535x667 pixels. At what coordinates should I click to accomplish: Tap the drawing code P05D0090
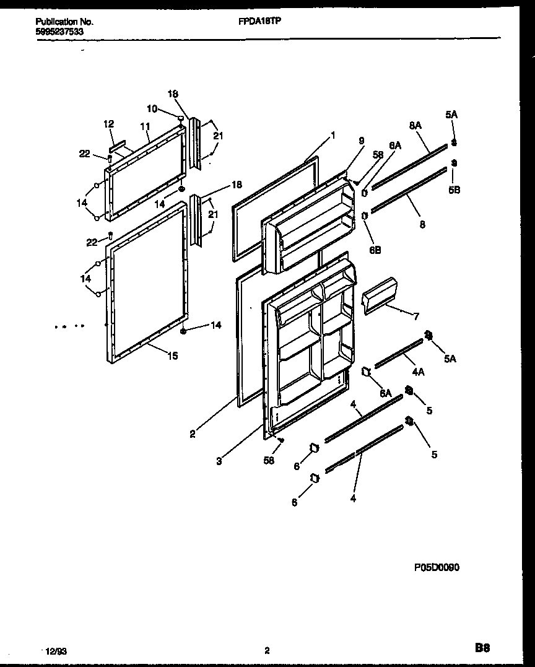(x=437, y=567)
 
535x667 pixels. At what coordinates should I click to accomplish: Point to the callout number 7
(x=416, y=316)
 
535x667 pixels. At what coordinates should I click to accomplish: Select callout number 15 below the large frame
(x=173, y=355)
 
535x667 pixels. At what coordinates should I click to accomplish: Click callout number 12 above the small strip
(x=109, y=124)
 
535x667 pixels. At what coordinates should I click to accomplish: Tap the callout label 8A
(x=414, y=126)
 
